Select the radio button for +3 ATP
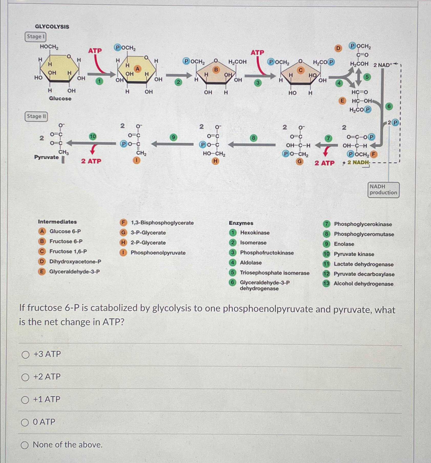tap(25, 355)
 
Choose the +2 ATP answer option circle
tap(25, 377)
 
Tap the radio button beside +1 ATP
tap(25, 400)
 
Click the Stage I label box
tap(35, 37)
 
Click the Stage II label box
tap(36, 116)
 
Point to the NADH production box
tap(383, 190)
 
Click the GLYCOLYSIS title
tap(52, 27)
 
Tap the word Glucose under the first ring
tap(60, 98)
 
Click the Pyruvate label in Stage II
tap(46, 157)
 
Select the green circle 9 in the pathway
tap(173, 137)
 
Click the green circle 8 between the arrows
tap(253, 138)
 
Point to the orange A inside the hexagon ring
tap(138, 69)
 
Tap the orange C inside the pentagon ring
tap(301, 70)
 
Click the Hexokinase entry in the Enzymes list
tap(255, 233)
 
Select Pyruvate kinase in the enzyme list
tap(354, 254)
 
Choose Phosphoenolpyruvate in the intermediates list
tap(158, 253)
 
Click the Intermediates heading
tap(57, 222)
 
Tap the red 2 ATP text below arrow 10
tap(91, 161)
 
